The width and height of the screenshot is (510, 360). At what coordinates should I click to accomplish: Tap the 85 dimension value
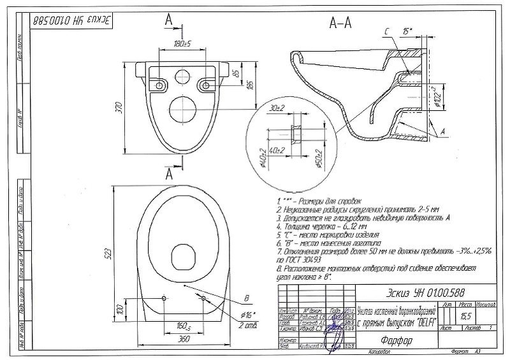pyautogui.click(x=235, y=74)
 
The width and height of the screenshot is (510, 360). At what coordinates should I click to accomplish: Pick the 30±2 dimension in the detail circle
pyautogui.click(x=276, y=109)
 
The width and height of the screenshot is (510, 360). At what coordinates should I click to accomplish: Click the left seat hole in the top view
pyautogui.click(x=164, y=298)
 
